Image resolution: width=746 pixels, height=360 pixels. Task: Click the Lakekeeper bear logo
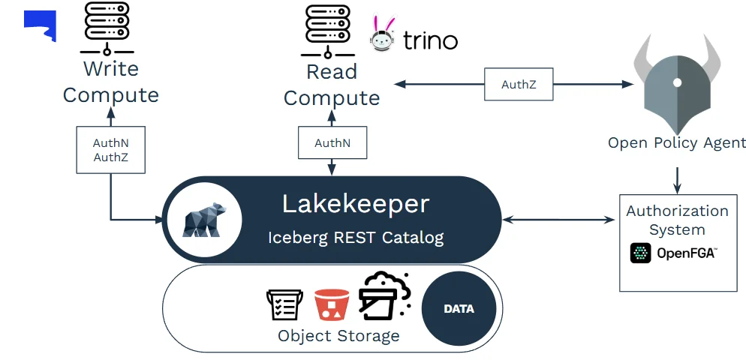tap(201, 220)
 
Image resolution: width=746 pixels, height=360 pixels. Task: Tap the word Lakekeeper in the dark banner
tap(355, 203)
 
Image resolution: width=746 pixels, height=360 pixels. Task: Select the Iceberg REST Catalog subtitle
tap(356, 238)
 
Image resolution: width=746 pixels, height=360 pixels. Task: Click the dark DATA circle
tap(459, 308)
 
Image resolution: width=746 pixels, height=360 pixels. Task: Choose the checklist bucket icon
tap(284, 304)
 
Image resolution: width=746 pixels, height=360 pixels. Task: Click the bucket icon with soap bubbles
tap(384, 297)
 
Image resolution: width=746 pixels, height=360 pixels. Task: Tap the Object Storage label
tap(338, 335)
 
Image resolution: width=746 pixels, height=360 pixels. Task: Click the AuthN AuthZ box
tap(111, 150)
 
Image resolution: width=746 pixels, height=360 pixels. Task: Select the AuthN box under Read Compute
tap(332, 142)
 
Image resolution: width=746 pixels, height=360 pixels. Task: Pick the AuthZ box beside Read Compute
tap(519, 84)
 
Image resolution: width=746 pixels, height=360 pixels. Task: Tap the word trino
tap(430, 40)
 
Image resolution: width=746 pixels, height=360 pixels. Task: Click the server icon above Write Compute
tap(107, 29)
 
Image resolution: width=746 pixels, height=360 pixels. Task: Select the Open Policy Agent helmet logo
tap(676, 82)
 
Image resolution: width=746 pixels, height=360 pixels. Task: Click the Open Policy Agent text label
tap(676, 142)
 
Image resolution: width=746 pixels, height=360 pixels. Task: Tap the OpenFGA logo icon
tap(640, 253)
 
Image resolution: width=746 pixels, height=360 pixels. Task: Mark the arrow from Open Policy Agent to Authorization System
tap(678, 178)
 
